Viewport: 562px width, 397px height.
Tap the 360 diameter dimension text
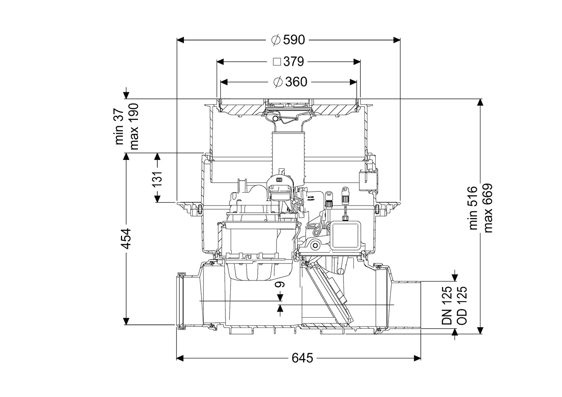point(296,82)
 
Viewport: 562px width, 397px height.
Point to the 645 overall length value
point(302,358)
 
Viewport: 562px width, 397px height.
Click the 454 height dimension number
point(126,239)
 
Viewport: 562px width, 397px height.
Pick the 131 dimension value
point(157,179)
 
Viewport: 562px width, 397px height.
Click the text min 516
point(473,208)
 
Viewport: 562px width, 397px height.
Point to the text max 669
point(488,208)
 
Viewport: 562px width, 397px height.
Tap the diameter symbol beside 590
point(276,40)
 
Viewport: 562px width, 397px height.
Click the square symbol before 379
point(277,62)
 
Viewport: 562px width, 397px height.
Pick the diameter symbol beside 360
point(278,82)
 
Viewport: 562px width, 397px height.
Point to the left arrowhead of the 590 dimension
point(180,40)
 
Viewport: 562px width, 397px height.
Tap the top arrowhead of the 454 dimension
point(126,156)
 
